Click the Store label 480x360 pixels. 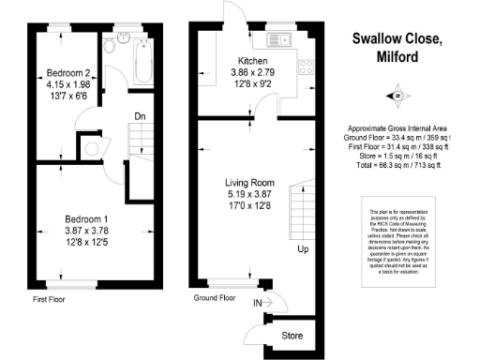pyautogui.click(x=292, y=334)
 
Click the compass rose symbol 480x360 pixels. pyautogui.click(x=397, y=96)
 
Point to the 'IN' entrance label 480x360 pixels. pyautogui.click(x=258, y=303)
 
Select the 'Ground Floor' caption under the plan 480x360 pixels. pyautogui.click(x=215, y=297)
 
